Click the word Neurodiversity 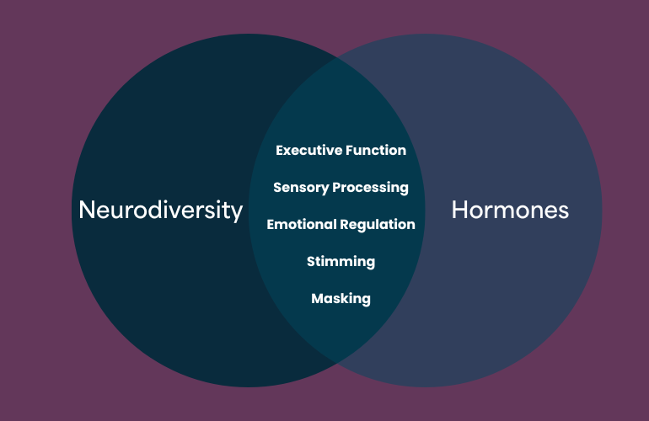click(x=160, y=210)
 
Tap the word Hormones click(x=510, y=210)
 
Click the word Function click(x=376, y=151)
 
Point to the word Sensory click(x=300, y=188)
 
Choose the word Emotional click(x=301, y=225)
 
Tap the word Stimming click(x=341, y=261)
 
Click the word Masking click(x=341, y=298)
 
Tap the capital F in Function click(x=349, y=151)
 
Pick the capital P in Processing click(x=336, y=187)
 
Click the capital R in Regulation click(x=345, y=225)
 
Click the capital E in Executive click(x=280, y=151)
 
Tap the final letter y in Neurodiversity click(x=238, y=212)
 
